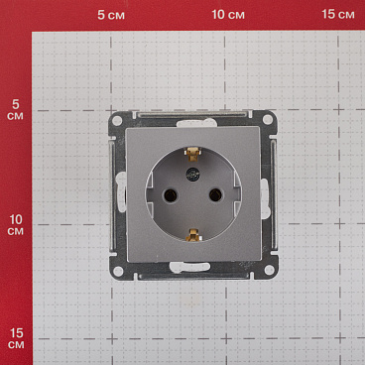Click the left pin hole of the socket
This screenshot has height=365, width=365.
point(166,194)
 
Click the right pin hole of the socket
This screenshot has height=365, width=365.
point(215,194)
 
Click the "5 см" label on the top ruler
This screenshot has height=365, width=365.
point(116,14)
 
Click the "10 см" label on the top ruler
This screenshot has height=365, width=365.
point(228,14)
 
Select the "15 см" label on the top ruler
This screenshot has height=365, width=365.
point(338,14)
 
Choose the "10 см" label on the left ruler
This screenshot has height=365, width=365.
point(15,224)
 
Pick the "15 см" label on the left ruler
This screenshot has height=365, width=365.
point(15,337)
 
